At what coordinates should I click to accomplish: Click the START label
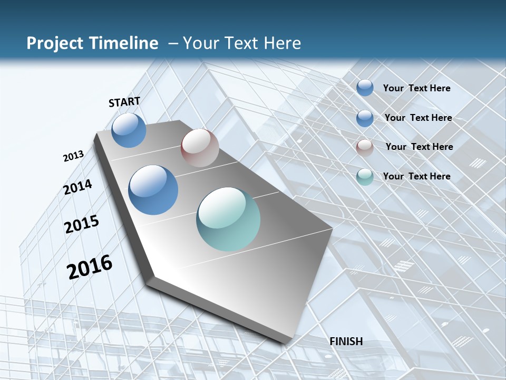point(124,102)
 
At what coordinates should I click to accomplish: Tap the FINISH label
point(346,341)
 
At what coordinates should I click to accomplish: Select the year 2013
point(73,156)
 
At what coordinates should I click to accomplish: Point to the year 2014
point(78,187)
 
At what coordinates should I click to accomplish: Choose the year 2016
point(90,267)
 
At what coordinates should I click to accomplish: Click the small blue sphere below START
point(129,130)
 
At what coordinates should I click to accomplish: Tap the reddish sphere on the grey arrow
point(200,148)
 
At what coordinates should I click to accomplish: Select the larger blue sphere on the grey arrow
point(153,190)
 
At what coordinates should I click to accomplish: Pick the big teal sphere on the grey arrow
point(228,219)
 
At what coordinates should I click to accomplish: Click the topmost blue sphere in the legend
point(365,88)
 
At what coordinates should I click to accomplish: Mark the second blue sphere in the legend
point(365,118)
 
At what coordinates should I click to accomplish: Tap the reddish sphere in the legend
point(365,147)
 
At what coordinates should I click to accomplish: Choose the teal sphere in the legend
point(365,177)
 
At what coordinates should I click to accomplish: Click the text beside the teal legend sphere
point(416,176)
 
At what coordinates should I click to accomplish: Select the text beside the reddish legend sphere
point(419,147)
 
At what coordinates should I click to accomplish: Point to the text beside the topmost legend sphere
point(416,88)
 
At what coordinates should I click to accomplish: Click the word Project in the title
point(55,43)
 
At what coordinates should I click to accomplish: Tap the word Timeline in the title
point(126,43)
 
